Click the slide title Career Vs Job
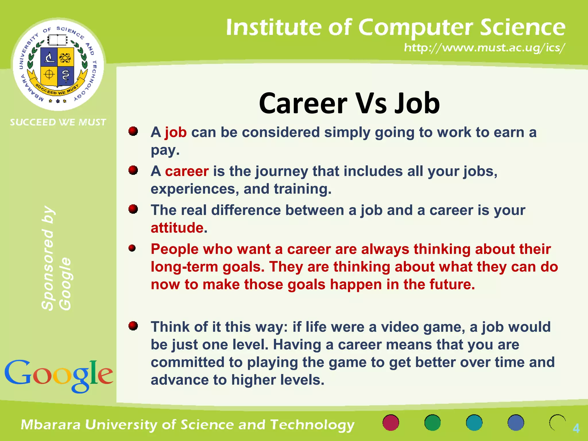point(349,103)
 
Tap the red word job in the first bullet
point(176,133)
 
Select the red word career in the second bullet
point(187,171)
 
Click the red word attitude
point(177,228)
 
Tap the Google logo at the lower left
point(59,376)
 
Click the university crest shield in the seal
point(57,67)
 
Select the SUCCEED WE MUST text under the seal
point(58,122)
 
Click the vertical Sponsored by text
point(48,258)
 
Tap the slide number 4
point(576,428)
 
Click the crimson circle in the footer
point(391,423)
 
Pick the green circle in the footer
point(432,423)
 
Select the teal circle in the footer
point(474,423)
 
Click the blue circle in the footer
point(516,423)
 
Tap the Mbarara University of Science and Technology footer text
point(188,425)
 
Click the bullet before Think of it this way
point(133,326)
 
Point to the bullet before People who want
point(132,248)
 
